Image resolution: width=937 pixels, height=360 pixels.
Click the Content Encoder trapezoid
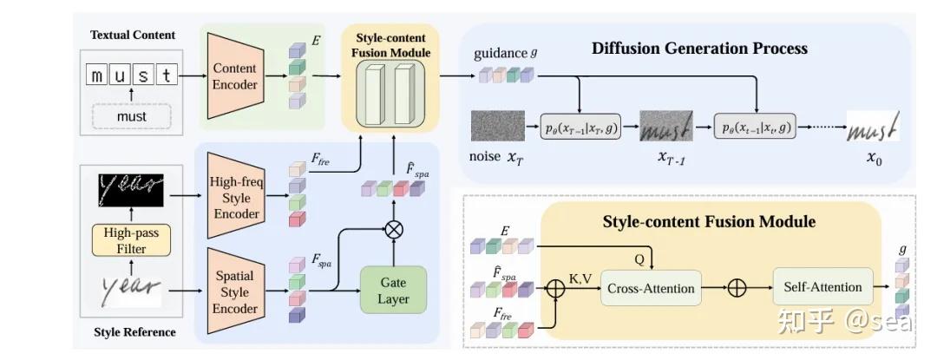[x=235, y=76]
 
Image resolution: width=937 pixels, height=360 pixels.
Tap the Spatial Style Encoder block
[x=235, y=291]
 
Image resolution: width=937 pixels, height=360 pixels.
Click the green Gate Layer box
[x=393, y=290]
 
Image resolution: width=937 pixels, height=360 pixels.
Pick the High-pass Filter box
[x=132, y=240]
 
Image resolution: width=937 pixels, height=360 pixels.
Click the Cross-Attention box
[x=651, y=288]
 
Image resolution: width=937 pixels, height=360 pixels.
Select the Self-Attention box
[x=822, y=287]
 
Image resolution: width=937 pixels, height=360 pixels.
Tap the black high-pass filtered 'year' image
[x=132, y=189]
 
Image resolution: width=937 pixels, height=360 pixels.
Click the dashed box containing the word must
[x=132, y=116]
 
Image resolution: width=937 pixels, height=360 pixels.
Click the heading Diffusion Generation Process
[x=699, y=49]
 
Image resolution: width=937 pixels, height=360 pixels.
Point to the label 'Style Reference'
[x=135, y=332]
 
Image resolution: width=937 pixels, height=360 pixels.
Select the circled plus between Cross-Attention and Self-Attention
[x=737, y=288]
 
